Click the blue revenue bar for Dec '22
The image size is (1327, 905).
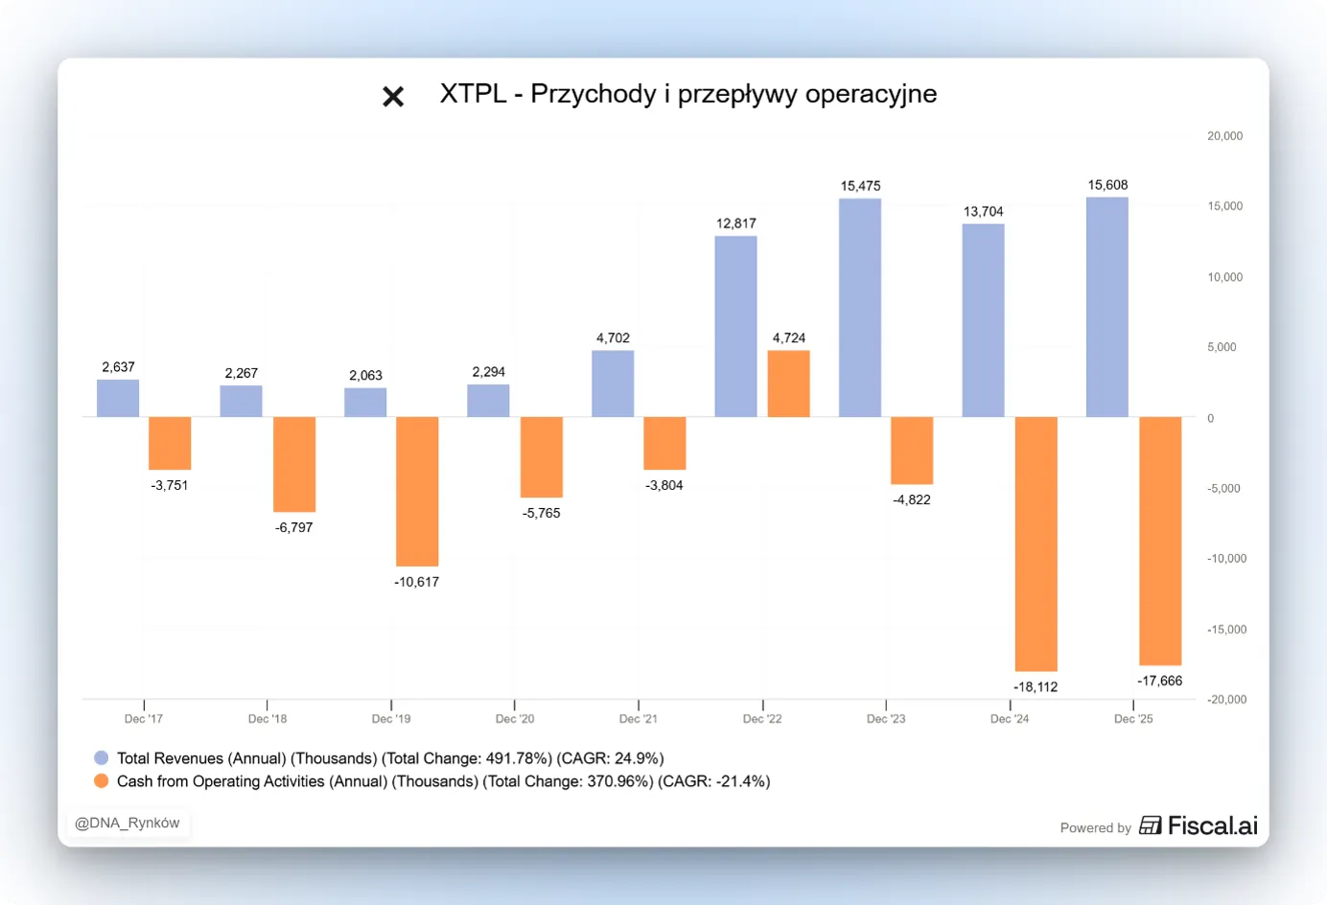coord(735,326)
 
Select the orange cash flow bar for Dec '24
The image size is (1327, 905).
coord(1036,544)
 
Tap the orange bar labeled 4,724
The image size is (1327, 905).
coord(788,383)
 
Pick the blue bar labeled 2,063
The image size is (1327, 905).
coord(365,403)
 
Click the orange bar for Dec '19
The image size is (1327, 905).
coord(418,492)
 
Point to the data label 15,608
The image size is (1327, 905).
coord(1107,185)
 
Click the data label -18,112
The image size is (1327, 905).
coord(1036,687)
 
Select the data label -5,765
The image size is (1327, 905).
coord(542,513)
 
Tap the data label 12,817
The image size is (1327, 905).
coord(736,223)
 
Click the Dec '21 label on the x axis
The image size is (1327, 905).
coord(639,719)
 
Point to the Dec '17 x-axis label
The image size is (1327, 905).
coord(144,719)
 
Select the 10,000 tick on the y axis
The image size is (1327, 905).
coord(1225,277)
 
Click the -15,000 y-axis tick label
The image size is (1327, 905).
coord(1227,630)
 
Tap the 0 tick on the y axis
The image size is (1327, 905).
coord(1211,418)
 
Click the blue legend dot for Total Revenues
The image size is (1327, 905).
coord(102,757)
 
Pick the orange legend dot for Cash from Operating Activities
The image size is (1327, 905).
coord(102,780)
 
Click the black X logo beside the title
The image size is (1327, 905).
coord(393,96)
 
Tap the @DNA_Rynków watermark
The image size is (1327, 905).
coord(127,824)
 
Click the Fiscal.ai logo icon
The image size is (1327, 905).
coord(1151,825)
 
